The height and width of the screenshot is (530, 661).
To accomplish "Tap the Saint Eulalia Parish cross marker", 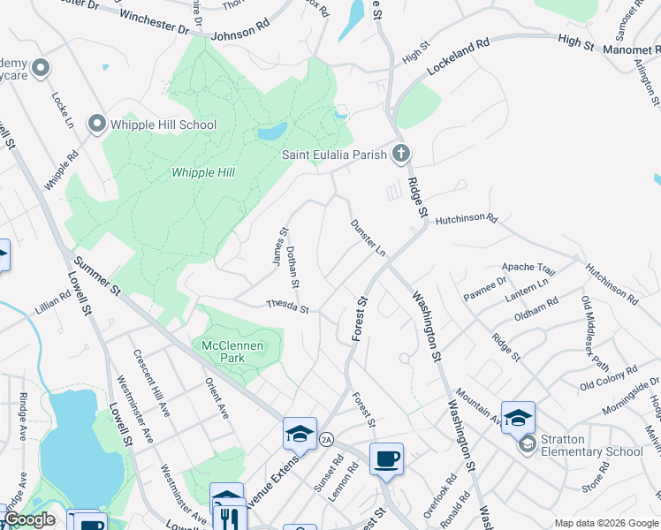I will pos(401,155).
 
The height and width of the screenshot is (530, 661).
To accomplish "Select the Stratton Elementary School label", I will pos(592,451).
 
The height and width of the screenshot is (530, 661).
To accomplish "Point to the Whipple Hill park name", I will pos(203,173).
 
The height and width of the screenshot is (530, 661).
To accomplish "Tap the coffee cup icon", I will pos(386,459).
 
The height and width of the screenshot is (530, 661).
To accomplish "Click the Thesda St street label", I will pos(287,307).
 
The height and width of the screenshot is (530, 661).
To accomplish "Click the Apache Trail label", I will pos(528,268).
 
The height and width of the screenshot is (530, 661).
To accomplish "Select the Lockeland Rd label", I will pos(458,56).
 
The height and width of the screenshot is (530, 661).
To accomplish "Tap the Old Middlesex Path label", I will pos(595,332).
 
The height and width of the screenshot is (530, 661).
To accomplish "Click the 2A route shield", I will pos(326,439).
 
